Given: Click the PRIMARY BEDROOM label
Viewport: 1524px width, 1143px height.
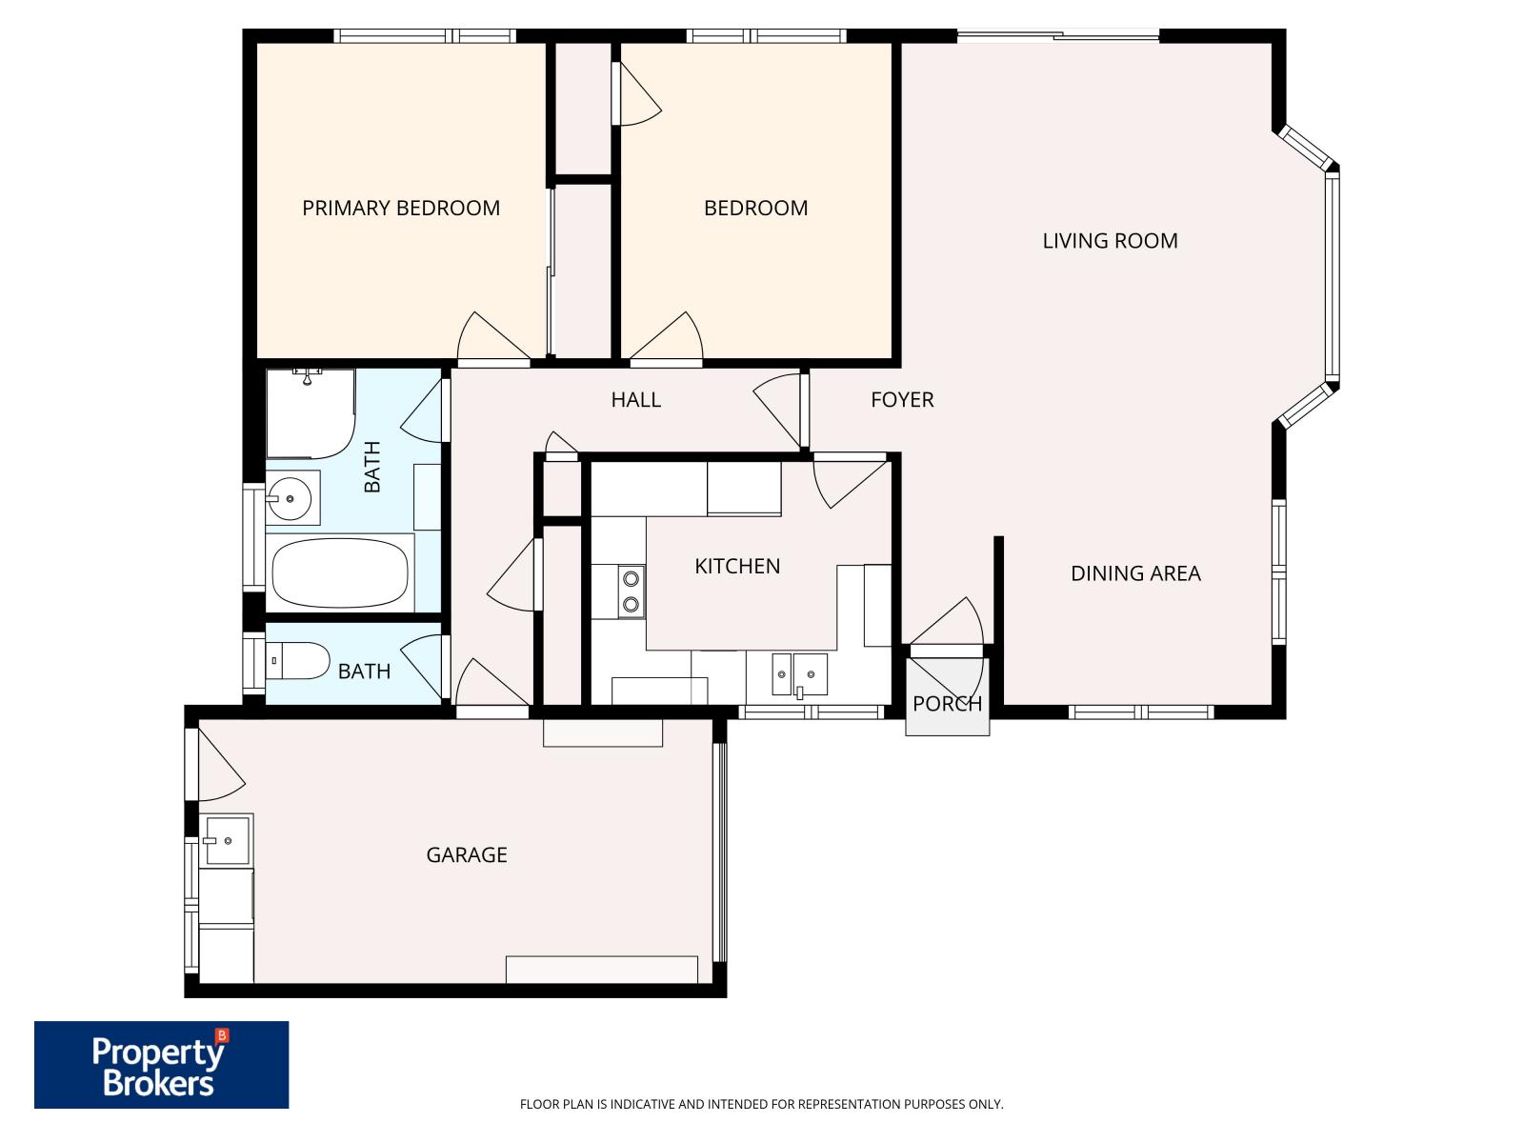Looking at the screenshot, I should [401, 208].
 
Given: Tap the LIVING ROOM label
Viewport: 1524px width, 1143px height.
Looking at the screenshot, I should [1110, 241].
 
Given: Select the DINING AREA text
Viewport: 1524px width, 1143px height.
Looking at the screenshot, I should [1135, 573].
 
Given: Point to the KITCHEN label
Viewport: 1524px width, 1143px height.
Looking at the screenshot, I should [737, 567].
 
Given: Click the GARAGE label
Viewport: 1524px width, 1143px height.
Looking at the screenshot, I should [466, 855].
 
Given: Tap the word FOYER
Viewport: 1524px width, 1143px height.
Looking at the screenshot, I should [902, 400].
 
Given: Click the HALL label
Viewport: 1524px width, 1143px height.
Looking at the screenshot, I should [635, 400].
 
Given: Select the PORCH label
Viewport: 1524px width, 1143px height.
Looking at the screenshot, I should [947, 704].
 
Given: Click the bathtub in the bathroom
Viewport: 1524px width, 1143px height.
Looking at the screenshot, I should [340, 573].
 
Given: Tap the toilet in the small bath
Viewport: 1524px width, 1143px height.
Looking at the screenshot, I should [299, 660].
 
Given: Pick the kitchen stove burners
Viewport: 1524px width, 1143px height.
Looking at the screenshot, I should [630, 591].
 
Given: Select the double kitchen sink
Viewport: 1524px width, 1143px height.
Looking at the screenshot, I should [799, 674].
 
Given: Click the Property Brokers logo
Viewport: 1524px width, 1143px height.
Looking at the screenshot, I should [161, 1065].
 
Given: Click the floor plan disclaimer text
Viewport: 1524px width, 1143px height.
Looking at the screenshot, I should [761, 1105].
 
